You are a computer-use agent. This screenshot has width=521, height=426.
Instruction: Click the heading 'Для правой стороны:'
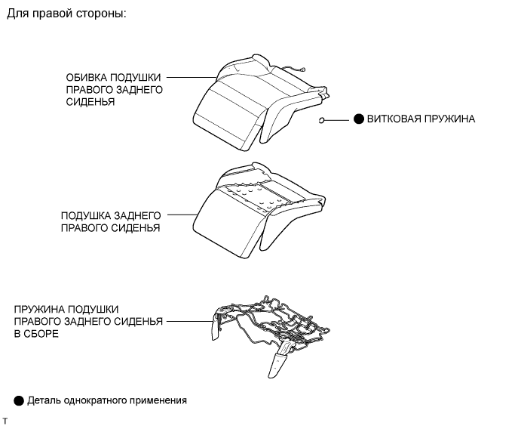[66, 14]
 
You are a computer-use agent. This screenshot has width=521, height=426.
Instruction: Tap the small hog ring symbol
[321, 120]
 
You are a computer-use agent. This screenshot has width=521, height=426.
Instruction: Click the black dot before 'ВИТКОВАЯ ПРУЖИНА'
[359, 119]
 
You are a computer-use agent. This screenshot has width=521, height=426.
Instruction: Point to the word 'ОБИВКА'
[87, 78]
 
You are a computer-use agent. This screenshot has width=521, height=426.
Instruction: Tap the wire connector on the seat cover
[302, 69]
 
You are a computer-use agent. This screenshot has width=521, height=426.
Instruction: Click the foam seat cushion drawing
[259, 210]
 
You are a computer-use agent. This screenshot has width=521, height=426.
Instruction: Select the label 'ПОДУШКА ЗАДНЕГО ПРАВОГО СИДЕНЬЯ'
[111, 221]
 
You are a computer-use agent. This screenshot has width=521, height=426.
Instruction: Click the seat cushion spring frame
[271, 335]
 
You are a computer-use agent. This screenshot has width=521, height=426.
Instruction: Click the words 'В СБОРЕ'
[36, 334]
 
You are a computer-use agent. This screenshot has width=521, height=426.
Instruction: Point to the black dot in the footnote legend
[19, 401]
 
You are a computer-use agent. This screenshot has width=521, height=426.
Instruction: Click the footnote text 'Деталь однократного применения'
[107, 400]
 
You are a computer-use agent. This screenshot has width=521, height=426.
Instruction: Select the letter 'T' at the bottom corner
[5, 421]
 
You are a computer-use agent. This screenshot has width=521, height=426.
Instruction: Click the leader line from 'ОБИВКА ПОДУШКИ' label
[192, 77]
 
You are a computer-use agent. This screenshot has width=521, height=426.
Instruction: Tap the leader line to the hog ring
[336, 119]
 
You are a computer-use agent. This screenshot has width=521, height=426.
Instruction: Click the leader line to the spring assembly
[189, 322]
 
